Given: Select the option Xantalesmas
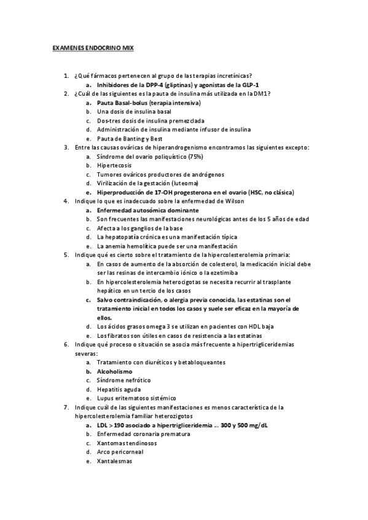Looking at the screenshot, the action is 114,461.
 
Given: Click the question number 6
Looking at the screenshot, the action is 66,345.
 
